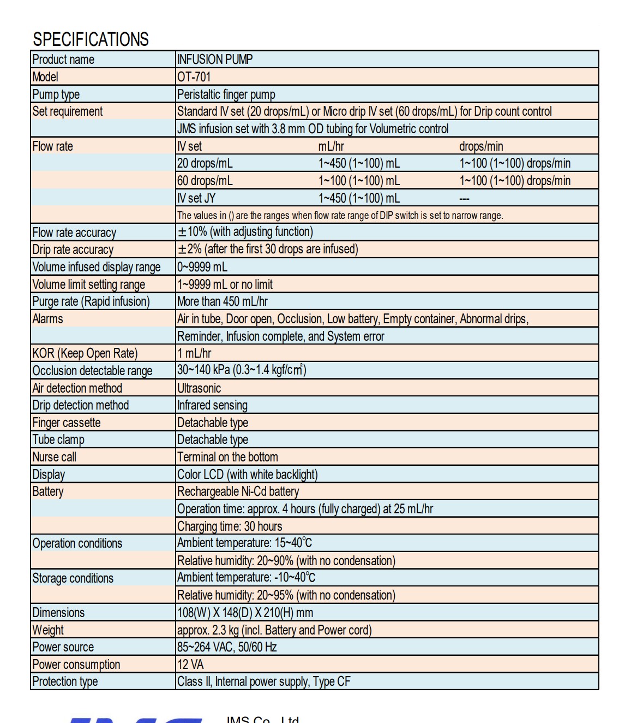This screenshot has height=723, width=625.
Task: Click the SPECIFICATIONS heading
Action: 91,39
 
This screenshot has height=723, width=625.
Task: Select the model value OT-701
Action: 194,77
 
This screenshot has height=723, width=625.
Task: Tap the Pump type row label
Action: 56,94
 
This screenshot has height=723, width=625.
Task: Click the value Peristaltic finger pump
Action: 226,94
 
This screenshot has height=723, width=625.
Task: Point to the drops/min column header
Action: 481,146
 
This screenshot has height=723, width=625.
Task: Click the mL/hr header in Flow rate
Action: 331,146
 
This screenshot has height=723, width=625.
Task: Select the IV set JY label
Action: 196,198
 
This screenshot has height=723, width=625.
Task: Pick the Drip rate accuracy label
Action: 73,250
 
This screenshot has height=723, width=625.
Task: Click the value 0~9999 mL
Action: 202,267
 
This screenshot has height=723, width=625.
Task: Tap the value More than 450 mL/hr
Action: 223,301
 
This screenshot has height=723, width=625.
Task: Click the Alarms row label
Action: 47,319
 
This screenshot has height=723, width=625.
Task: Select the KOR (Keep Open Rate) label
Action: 85,353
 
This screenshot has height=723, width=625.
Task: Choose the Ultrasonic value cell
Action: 199,388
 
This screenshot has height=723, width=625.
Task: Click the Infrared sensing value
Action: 212,405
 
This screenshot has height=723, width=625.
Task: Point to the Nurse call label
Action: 54,457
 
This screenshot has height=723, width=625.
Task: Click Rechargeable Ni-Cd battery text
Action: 238,491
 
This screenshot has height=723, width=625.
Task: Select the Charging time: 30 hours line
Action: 230,526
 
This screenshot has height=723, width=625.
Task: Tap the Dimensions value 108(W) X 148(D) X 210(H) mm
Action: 245,613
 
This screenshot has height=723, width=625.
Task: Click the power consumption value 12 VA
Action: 190,665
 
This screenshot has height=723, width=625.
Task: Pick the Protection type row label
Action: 65,681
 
